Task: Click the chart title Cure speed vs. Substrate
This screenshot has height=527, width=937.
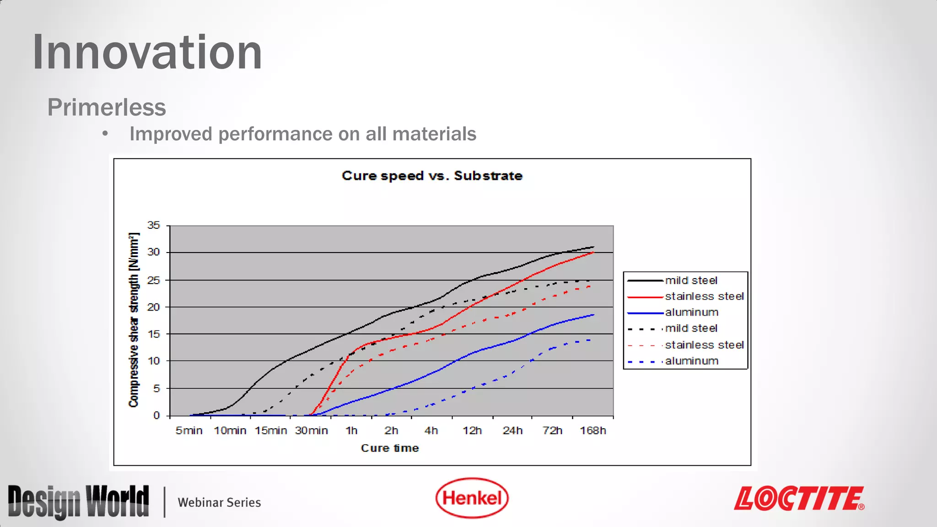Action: tap(432, 176)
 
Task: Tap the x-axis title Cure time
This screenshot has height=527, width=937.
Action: tap(390, 448)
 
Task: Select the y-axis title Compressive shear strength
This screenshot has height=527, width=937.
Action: tap(134, 320)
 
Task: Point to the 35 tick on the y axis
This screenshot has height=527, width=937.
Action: tap(154, 225)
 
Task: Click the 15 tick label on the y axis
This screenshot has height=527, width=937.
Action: tap(154, 334)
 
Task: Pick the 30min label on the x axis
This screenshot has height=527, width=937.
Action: tap(312, 430)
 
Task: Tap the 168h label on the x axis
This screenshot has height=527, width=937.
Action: tap(593, 430)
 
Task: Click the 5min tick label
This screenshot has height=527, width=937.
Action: tap(189, 430)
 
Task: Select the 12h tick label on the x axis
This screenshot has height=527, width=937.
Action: tap(472, 430)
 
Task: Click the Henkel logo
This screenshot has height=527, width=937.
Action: tap(472, 498)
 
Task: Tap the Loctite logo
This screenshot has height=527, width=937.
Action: tap(799, 499)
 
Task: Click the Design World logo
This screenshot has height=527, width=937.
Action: tap(79, 502)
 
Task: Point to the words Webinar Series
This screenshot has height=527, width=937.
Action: tap(219, 502)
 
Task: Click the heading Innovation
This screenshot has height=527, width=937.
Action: tap(147, 52)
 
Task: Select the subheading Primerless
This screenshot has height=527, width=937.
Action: tap(107, 108)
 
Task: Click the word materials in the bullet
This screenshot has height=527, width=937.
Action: tap(434, 134)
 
